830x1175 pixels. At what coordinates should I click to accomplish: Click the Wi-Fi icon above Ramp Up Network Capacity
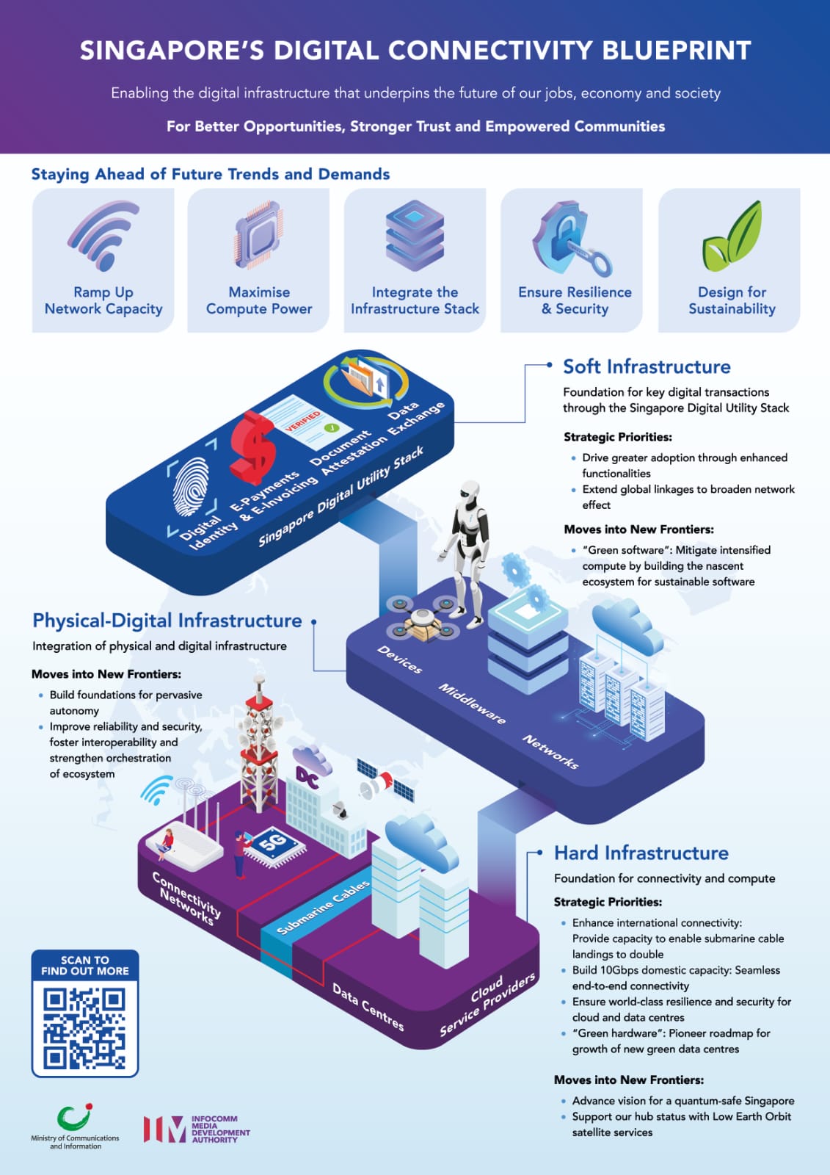tap(103, 236)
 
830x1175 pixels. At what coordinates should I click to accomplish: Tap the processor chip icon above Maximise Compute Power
tap(258, 234)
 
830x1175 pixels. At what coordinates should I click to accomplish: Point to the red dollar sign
tap(252, 447)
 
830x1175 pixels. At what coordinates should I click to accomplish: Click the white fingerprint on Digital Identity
tap(191, 486)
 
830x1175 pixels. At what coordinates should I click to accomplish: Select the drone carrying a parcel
tap(423, 620)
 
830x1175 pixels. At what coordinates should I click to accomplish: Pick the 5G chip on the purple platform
tap(273, 845)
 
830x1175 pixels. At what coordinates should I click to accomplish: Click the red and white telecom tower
tap(259, 745)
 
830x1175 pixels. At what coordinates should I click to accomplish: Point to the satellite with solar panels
tap(385, 781)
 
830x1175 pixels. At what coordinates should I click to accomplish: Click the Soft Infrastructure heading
tap(647, 366)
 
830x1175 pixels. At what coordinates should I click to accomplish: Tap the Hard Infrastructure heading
tap(641, 853)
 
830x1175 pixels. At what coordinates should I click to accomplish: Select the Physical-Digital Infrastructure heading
tap(167, 621)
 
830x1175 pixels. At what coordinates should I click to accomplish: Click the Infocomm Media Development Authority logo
tap(197, 1128)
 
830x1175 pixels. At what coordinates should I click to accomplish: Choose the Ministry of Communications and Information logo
tap(75, 1127)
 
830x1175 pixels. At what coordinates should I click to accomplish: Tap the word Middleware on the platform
tap(472, 704)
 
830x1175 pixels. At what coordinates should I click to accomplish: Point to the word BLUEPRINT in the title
tap(677, 51)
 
